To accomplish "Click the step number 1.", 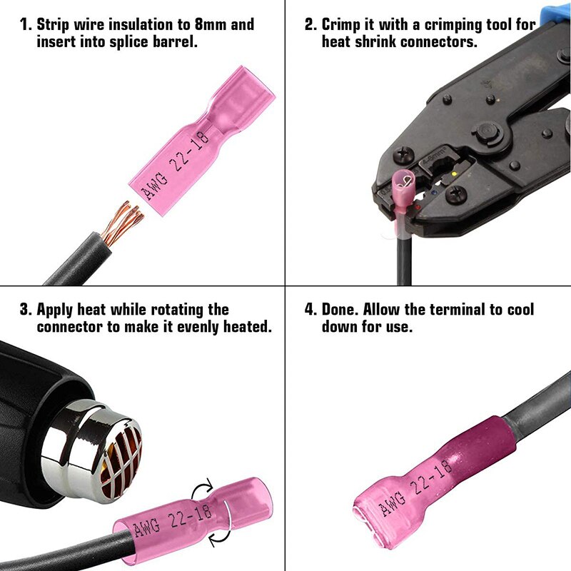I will pos(24,25).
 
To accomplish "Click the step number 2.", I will pos(310,25).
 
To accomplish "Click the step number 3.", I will pos(25,310).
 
